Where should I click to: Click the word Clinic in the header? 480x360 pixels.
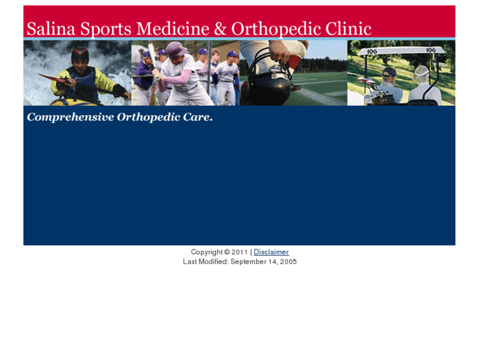pyautogui.click(x=347, y=29)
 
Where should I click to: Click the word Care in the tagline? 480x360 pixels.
pyautogui.click(x=196, y=118)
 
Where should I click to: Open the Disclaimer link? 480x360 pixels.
pyautogui.click(x=271, y=252)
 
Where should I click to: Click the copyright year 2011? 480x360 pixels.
pyautogui.click(x=239, y=252)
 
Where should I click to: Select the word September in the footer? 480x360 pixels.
pyautogui.click(x=249, y=262)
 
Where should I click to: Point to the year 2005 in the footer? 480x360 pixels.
pyautogui.click(x=289, y=262)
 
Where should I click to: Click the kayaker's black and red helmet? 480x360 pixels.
pyautogui.click(x=80, y=52)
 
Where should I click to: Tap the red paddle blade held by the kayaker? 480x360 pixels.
pyautogui.click(x=46, y=77)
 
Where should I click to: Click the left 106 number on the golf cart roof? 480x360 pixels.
pyautogui.click(x=372, y=51)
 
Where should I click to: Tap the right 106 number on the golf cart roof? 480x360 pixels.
pyautogui.click(x=430, y=50)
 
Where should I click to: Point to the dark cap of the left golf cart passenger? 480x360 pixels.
pyautogui.click(x=390, y=71)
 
